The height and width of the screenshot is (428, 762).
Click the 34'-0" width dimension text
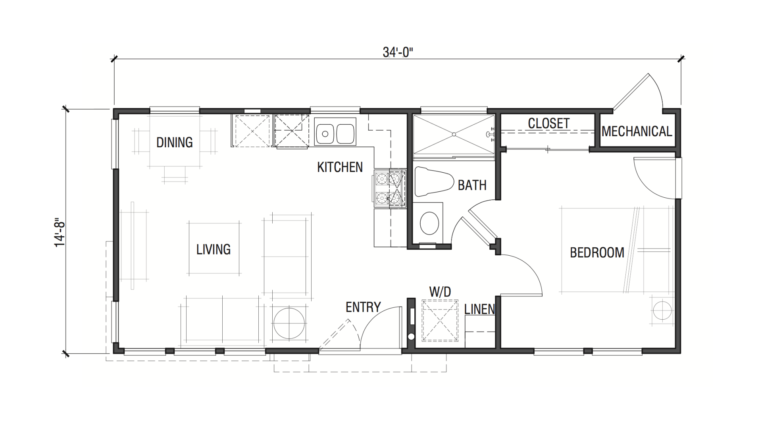398,52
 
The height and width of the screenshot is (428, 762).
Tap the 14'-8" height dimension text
60,233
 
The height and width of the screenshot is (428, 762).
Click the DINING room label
175,142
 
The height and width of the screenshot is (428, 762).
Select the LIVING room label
214,249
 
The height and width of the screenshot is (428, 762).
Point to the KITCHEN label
340,167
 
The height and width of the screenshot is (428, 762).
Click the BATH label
472,185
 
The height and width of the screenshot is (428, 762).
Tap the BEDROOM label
597,253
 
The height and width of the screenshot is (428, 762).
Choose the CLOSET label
549,123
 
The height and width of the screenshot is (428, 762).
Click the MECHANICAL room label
637,131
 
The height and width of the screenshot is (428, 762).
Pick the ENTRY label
363,307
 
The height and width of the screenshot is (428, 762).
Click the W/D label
440,292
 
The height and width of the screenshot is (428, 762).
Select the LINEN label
480,309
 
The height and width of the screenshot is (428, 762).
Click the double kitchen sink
335,131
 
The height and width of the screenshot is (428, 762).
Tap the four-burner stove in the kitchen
390,189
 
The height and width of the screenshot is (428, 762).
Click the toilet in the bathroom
434,182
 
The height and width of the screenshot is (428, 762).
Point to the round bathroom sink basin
429,223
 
